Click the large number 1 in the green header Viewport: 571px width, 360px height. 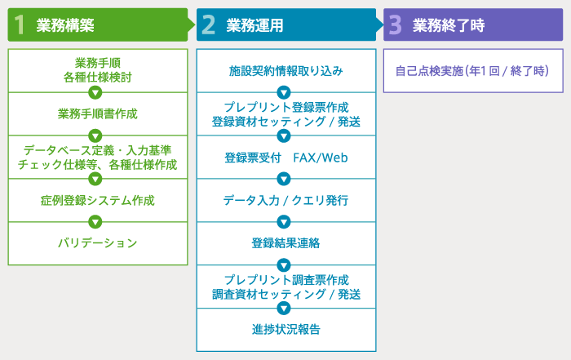tap(20, 24)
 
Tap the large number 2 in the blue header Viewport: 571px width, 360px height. tap(208, 24)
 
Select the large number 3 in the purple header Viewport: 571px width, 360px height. tap(396, 24)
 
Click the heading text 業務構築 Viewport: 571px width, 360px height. tap(65, 25)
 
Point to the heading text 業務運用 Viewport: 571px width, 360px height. tap(255, 25)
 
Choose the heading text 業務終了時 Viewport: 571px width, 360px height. tap(449, 25)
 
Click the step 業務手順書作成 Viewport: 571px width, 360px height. tap(98, 113)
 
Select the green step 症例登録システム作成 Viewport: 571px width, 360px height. tap(98, 200)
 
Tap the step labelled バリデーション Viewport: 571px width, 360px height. tap(98, 243)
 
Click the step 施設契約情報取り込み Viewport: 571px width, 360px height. tap(285, 71)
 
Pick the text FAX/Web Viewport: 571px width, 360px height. tap(321, 158)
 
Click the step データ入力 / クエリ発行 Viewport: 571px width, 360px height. tap(285, 200)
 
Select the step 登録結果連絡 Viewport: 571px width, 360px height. tap(285, 243)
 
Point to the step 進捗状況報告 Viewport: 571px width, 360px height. tap(285, 330)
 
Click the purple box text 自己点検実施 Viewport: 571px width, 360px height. tap(429, 71)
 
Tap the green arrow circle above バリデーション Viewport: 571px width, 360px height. tap(95, 222)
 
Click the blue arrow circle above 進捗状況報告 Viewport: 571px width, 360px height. tap(284, 309)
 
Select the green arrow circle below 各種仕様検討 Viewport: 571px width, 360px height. tap(95, 92)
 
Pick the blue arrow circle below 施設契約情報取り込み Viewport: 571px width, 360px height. tap(284, 92)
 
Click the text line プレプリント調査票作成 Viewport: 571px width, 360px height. tap(286, 280)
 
